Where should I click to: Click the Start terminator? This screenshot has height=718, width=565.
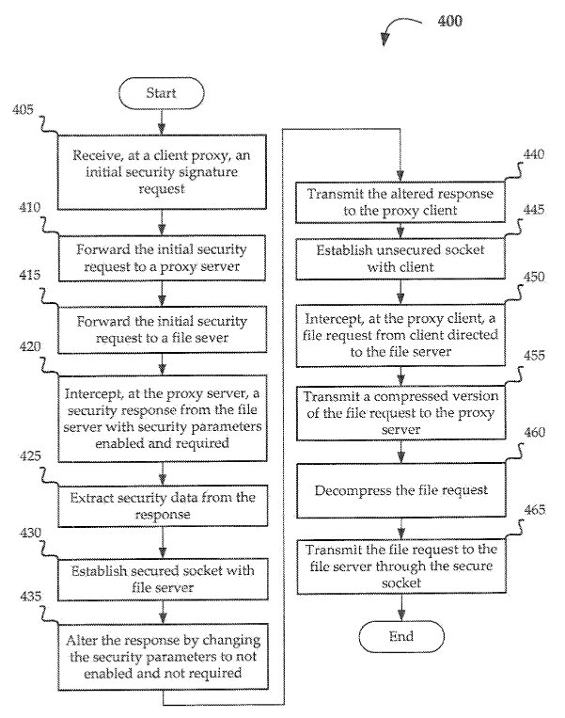tap(162, 94)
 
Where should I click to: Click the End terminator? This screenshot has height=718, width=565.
tap(400, 637)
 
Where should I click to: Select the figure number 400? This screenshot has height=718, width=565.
tap(449, 21)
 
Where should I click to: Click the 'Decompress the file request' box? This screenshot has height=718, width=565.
tap(401, 490)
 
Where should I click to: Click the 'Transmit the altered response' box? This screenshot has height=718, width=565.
tap(401, 201)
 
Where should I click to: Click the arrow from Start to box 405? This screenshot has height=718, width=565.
tap(162, 122)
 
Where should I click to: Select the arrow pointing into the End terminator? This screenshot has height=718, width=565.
tap(401, 607)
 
